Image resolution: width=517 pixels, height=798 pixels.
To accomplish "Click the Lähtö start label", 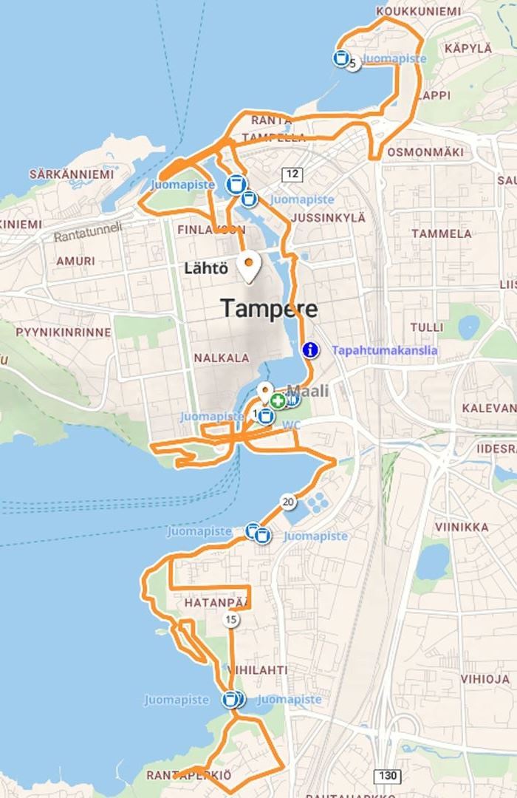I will (206, 268).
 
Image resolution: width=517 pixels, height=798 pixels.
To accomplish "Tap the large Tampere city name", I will (270, 308).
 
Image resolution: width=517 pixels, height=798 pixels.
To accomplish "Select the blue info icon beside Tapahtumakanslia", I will (310, 350).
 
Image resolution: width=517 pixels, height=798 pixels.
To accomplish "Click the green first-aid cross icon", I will (278, 400).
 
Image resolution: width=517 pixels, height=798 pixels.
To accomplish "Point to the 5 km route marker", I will (353, 64).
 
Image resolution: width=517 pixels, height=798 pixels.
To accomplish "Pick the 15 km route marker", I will (232, 620).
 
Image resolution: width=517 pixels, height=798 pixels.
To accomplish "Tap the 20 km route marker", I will (288, 502).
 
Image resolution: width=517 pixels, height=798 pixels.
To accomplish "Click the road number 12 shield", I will (292, 174).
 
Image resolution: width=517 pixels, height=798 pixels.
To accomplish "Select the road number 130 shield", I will (387, 776).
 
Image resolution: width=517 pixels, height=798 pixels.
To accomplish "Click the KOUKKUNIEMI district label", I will (417, 12).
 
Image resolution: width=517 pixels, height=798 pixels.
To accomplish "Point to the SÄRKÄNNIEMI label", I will (72, 174).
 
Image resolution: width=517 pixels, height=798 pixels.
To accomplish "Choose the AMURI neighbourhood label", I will (75, 261).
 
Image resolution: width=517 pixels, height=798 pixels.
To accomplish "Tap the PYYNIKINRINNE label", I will (64, 332).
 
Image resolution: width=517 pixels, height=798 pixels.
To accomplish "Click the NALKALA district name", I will (222, 358).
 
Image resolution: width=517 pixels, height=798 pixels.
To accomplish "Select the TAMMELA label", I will (441, 233).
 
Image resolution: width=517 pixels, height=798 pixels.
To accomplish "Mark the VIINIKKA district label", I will (462, 527).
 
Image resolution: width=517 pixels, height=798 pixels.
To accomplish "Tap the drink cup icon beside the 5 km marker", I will (340, 58).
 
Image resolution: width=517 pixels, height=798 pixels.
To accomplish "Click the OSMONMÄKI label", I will (425, 151).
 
